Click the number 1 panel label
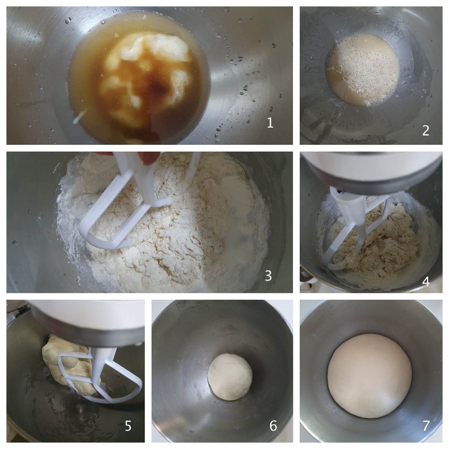(270, 123)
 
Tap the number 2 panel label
(425, 131)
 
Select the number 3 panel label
(268, 275)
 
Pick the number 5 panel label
(128, 426)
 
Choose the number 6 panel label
(273, 426)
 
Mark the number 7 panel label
(426, 426)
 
